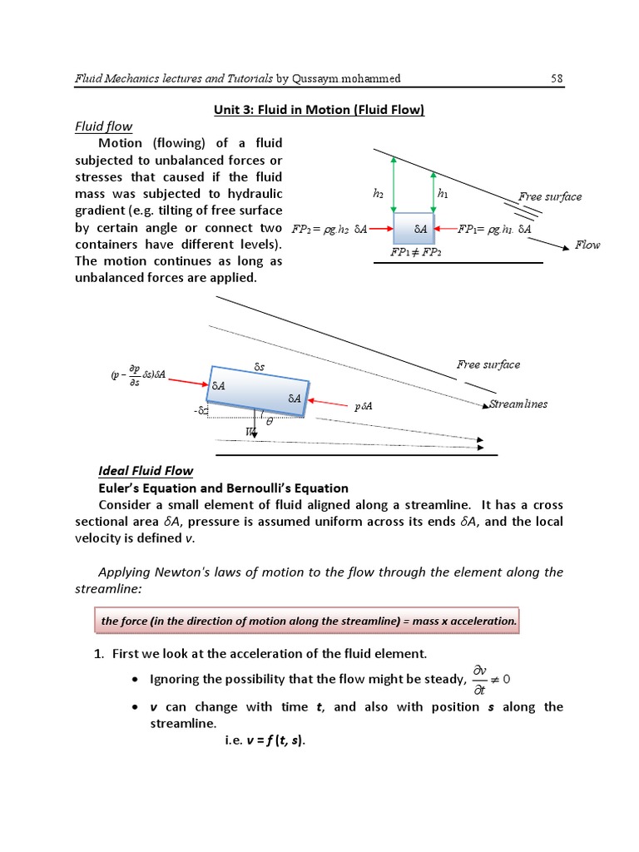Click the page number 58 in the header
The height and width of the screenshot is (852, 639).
(x=557, y=78)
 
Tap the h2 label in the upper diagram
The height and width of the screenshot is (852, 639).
(x=379, y=193)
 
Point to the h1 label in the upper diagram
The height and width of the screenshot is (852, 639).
(x=443, y=193)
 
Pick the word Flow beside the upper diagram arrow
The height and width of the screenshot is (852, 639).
(x=587, y=245)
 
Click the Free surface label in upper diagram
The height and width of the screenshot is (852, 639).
(x=550, y=197)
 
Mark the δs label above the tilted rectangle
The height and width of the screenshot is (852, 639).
(x=259, y=365)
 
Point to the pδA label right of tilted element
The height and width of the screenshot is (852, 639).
(x=363, y=407)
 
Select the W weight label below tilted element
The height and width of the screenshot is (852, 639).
(x=250, y=431)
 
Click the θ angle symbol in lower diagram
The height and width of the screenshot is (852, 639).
(x=268, y=422)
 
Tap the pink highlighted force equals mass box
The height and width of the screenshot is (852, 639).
(x=308, y=621)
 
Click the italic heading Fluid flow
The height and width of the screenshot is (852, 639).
(x=104, y=126)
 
